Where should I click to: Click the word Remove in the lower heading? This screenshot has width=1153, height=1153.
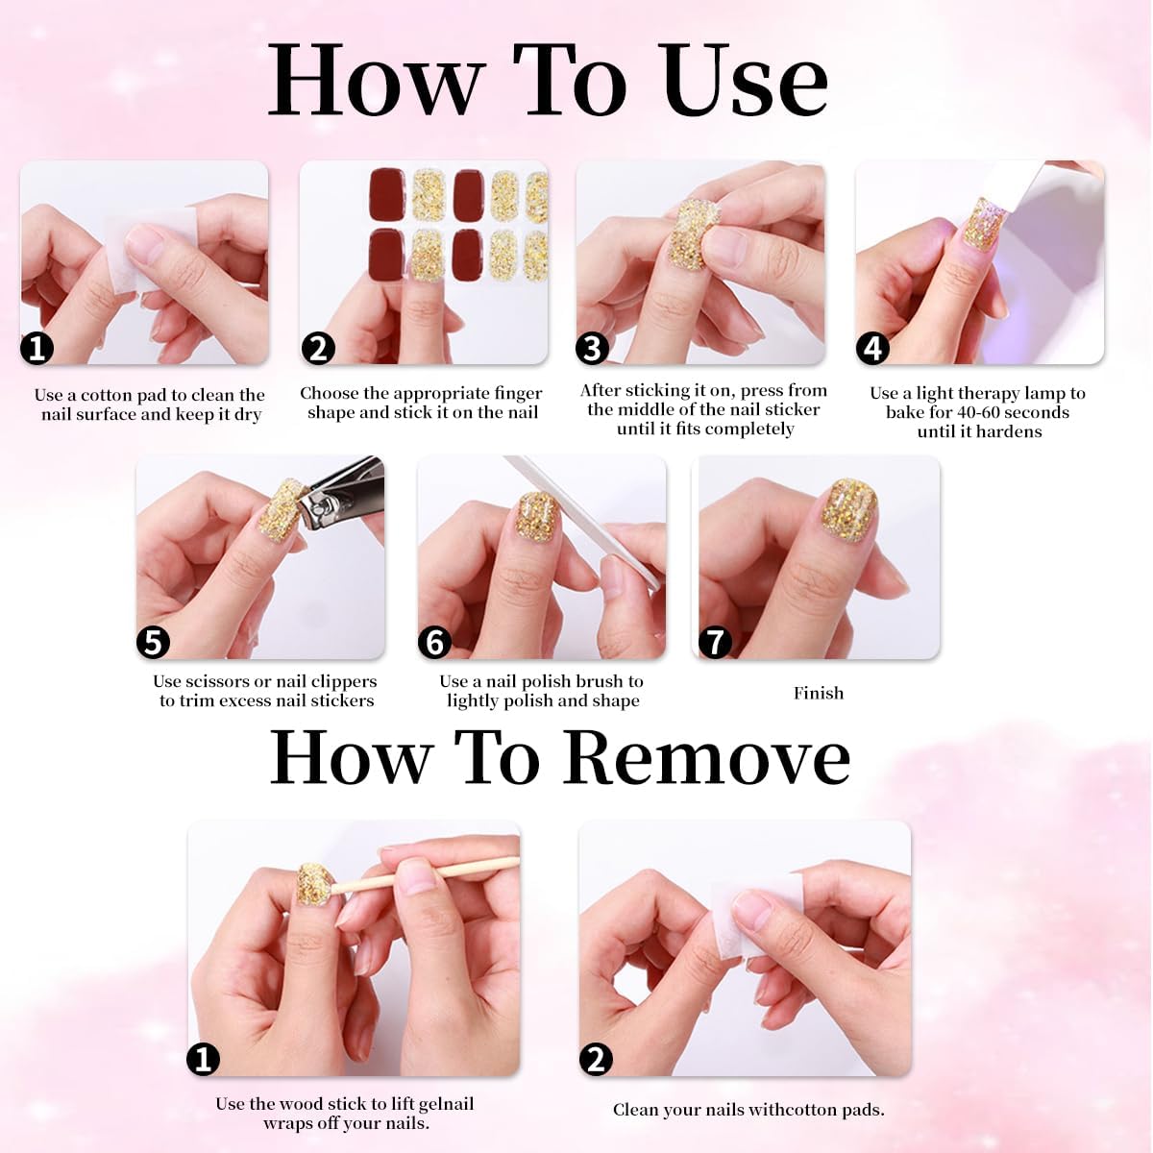coord(707,758)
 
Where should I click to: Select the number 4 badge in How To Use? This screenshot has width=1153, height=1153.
coord(872,348)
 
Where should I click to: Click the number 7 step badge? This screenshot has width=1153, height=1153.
coord(715,642)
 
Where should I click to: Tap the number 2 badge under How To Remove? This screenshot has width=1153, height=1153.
coord(596,1059)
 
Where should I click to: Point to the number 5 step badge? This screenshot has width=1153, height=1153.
coord(154,642)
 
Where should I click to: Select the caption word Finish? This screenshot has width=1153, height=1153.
coord(819,693)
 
